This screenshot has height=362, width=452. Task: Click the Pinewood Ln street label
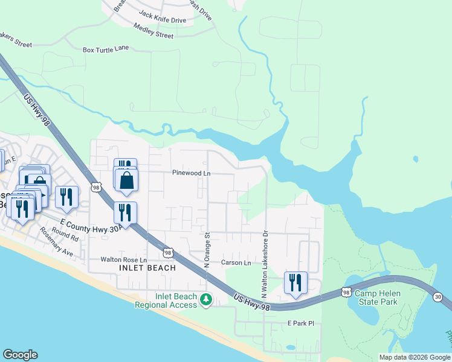(x=191, y=173)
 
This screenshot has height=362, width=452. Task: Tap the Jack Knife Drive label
(x=162, y=16)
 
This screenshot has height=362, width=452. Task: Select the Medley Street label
(x=153, y=31)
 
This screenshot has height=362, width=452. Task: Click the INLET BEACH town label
(x=147, y=268)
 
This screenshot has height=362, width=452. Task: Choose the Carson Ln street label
(x=236, y=263)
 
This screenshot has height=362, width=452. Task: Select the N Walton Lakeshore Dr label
(x=264, y=262)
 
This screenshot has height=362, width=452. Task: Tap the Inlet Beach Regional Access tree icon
(x=206, y=299)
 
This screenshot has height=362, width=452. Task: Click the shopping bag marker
(x=126, y=180)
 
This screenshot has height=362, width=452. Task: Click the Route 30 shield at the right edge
(x=437, y=296)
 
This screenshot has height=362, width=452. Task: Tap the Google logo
(x=20, y=355)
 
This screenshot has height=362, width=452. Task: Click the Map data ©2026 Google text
(x=414, y=357)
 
